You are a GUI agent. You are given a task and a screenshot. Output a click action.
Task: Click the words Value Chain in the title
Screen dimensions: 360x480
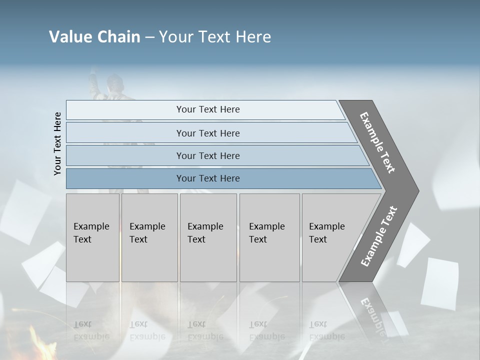(x=94, y=37)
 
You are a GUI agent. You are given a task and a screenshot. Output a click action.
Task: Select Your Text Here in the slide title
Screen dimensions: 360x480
(x=215, y=37)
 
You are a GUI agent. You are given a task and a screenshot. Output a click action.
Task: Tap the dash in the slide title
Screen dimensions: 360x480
(x=149, y=37)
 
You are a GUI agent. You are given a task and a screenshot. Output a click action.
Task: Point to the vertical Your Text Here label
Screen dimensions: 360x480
(x=57, y=143)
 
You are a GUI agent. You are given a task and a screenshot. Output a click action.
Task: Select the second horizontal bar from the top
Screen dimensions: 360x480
(x=208, y=133)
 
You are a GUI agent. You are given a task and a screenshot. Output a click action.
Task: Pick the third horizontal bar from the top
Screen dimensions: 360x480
(x=208, y=155)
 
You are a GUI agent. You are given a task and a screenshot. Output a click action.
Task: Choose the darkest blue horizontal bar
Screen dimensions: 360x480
(x=208, y=178)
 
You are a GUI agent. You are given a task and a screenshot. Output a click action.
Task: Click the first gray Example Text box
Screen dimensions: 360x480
(x=92, y=237)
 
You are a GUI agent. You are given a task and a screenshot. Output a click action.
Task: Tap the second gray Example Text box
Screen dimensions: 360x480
(x=149, y=237)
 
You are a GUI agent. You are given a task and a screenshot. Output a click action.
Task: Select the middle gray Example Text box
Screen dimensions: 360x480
(x=208, y=237)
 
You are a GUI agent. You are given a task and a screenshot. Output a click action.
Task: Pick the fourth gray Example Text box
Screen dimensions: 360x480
(x=269, y=237)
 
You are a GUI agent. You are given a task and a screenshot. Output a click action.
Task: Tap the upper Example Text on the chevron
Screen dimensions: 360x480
(x=378, y=142)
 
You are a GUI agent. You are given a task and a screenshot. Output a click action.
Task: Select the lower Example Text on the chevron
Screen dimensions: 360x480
(x=379, y=236)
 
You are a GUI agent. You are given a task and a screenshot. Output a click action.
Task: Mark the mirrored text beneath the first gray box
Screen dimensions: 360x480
(x=91, y=330)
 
